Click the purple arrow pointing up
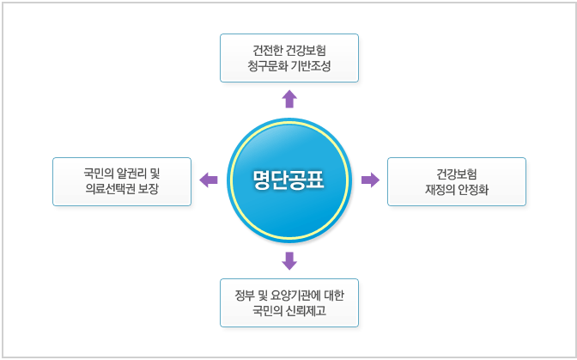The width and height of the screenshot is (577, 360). point(289,99)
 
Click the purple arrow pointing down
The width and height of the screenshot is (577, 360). point(289,261)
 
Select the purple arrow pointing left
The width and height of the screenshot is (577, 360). point(209,180)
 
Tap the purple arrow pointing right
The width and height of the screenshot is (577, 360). point(370,180)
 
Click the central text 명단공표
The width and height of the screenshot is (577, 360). point(288,180)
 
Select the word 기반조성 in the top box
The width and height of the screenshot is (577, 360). point(311,66)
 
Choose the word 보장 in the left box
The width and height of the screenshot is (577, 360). point(149,189)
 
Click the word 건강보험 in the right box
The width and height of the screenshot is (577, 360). point(457,174)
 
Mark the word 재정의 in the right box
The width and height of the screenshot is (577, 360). point(440,190)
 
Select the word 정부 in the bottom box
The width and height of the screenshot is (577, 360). point(245,296)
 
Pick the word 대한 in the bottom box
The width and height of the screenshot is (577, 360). point(334,296)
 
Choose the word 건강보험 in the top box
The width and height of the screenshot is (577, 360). point(307,50)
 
